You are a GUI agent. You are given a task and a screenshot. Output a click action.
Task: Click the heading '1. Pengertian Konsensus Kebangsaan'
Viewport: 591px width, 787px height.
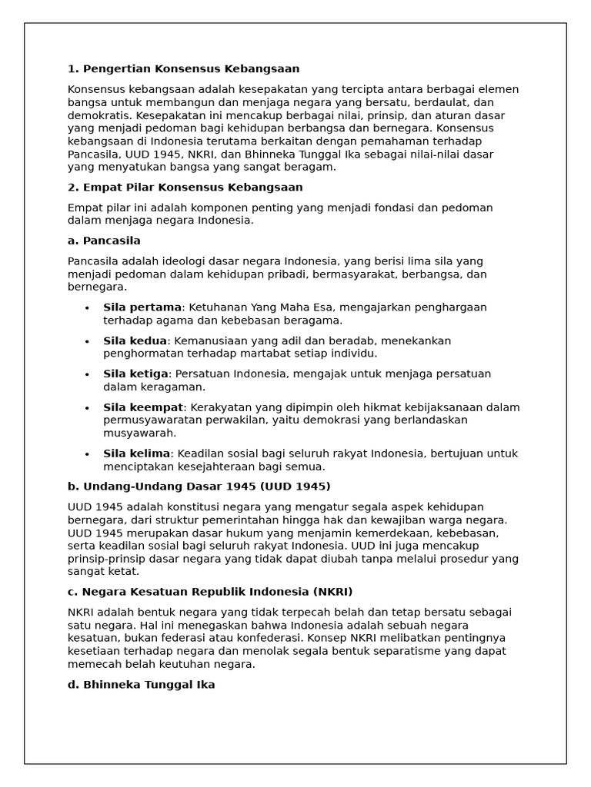pos(183,69)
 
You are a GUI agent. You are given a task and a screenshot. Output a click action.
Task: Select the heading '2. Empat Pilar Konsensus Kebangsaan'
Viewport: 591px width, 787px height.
pos(185,188)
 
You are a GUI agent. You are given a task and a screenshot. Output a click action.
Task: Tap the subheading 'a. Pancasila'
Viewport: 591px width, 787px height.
pos(104,241)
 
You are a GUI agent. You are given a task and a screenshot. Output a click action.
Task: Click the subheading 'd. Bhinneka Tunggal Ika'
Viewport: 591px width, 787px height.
pos(141,685)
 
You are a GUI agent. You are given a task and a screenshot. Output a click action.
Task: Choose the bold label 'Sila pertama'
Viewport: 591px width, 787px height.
pos(142,307)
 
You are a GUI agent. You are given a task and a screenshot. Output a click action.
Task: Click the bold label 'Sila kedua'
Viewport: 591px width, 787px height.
pos(135,340)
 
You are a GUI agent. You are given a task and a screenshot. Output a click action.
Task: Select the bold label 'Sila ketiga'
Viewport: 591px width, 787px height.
pos(135,374)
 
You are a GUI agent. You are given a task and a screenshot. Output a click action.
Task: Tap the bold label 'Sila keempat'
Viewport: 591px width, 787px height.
pos(143,407)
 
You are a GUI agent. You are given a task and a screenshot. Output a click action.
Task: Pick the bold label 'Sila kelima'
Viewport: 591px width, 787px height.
pos(136,453)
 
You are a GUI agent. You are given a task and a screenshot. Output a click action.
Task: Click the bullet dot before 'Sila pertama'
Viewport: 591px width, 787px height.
pos(87,308)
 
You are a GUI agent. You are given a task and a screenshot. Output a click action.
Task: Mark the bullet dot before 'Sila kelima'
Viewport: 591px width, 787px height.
pos(87,454)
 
